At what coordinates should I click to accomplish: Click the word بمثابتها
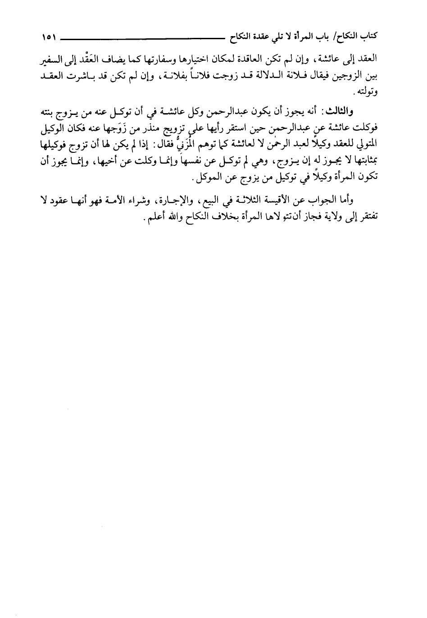tap(366, 161)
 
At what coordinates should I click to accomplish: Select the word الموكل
tap(210, 178)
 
